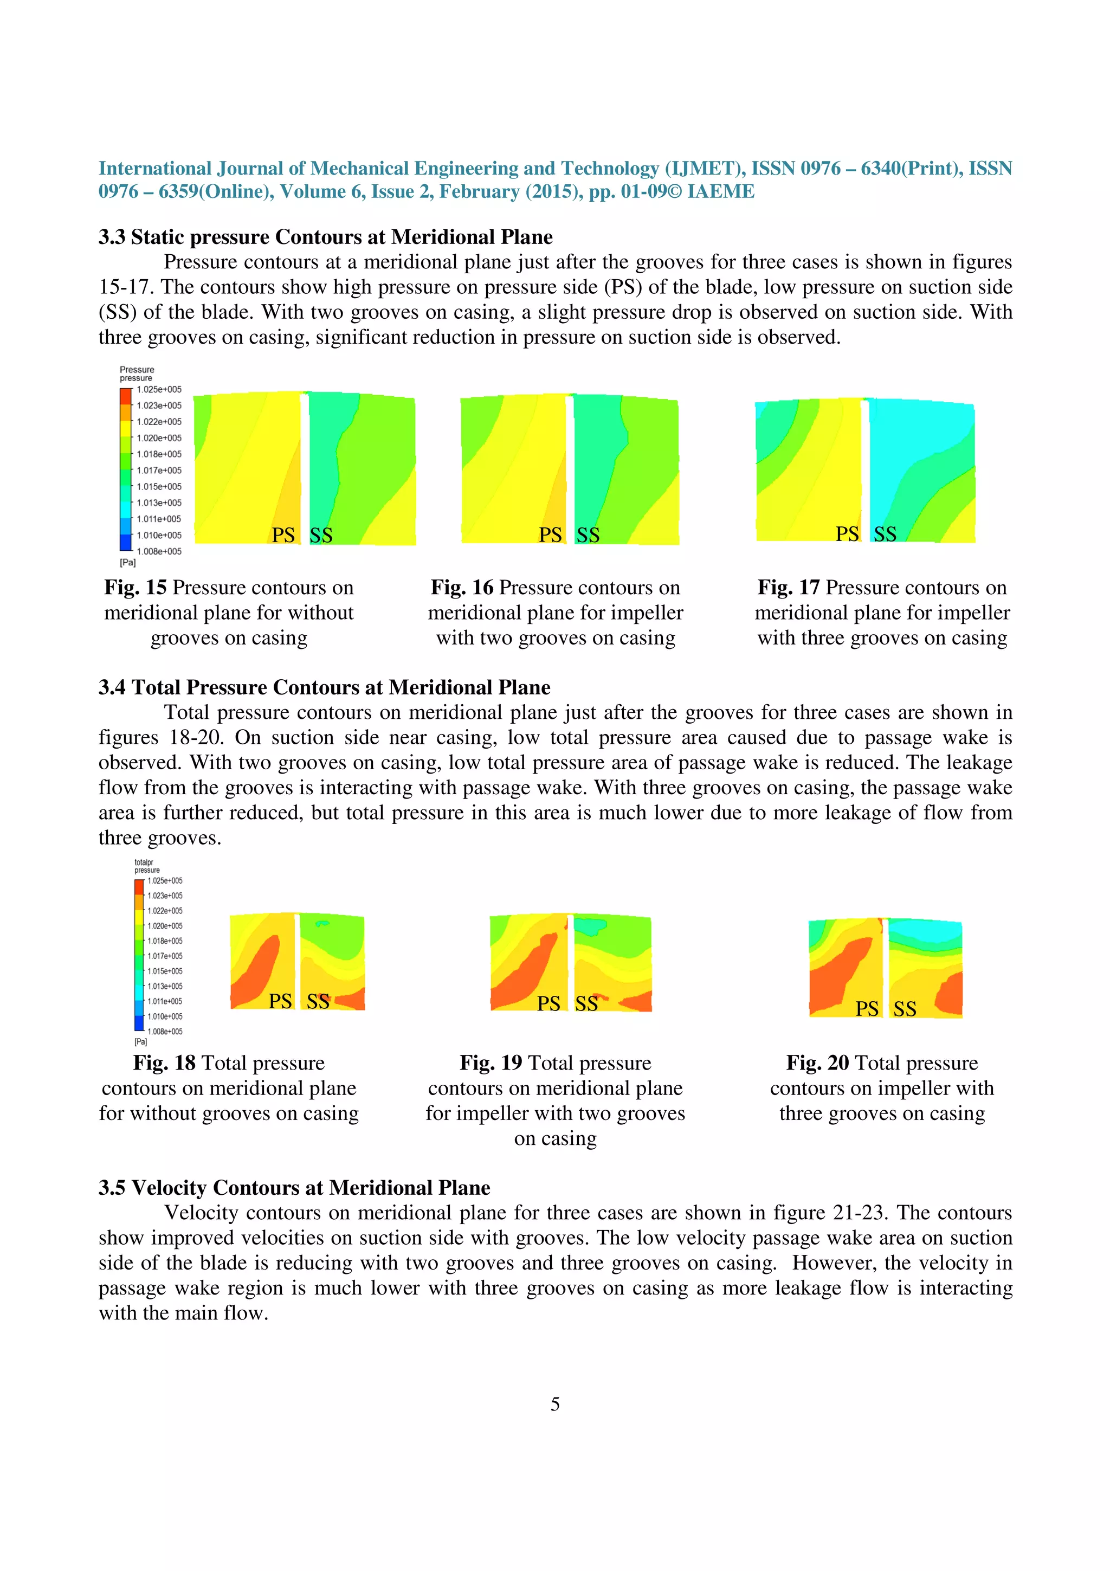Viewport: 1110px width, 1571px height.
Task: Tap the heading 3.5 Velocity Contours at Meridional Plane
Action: coord(294,1187)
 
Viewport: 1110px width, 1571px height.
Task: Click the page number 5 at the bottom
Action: coord(554,1404)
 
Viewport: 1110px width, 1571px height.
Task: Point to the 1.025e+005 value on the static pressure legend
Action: coord(159,389)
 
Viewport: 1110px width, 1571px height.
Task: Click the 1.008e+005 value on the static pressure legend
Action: coord(159,551)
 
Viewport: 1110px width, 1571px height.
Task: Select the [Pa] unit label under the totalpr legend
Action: coord(140,1041)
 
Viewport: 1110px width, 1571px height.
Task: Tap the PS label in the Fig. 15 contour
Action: coord(283,535)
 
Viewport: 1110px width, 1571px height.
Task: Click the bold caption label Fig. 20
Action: coord(817,1063)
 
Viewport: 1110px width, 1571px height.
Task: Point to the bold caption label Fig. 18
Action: coord(164,1063)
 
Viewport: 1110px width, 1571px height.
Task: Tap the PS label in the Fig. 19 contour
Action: coord(548,1003)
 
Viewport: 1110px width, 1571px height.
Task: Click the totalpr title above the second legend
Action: coord(144,862)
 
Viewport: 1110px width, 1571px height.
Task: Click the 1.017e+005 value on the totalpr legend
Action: coord(165,956)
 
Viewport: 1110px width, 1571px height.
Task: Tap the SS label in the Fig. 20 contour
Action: coord(904,1008)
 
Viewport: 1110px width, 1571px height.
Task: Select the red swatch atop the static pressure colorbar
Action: coord(125,396)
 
